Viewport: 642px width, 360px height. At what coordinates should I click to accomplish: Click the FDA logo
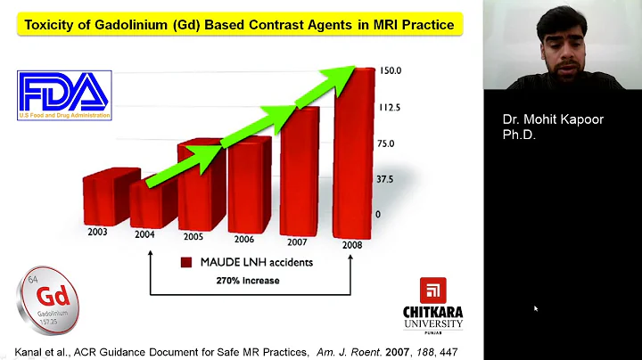point(63,94)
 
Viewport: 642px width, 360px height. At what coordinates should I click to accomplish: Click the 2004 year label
point(144,235)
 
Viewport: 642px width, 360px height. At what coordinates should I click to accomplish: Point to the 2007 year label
point(296,241)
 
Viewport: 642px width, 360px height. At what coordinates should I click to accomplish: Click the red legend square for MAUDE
point(186,263)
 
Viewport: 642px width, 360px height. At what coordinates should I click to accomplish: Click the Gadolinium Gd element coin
point(50,298)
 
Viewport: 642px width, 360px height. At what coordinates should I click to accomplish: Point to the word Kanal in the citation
point(31,351)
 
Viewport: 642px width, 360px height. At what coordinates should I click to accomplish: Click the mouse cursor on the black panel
point(536,308)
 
